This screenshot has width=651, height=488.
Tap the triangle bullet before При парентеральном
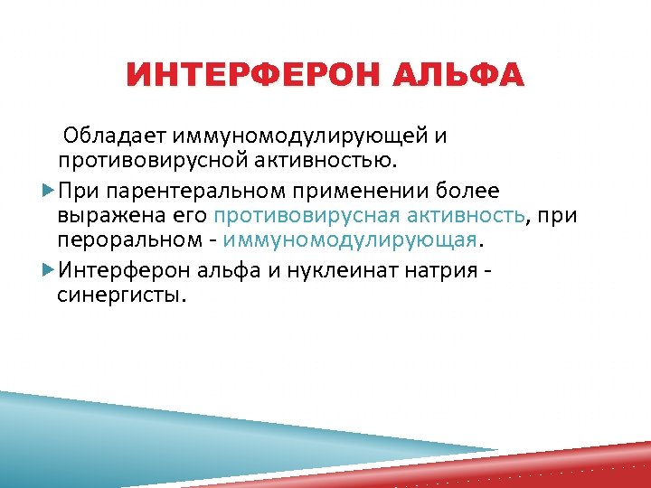[49, 192]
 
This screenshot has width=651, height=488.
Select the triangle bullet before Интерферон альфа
[49, 270]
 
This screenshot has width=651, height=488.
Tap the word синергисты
[121, 295]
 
